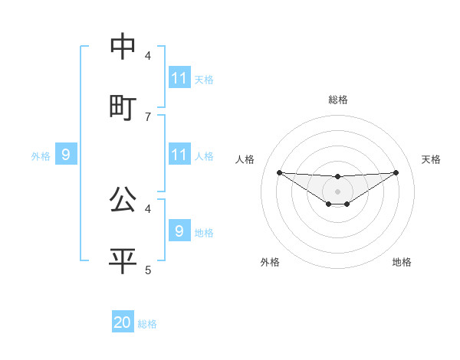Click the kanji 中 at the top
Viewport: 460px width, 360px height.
[123, 47]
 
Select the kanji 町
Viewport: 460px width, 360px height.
[123, 108]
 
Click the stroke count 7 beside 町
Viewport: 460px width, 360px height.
[148, 116]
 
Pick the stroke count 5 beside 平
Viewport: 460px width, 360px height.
[148, 270]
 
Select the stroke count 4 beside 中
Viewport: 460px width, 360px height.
[148, 55]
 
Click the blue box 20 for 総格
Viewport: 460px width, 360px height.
[123, 322]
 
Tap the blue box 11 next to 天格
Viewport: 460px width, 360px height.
[179, 78]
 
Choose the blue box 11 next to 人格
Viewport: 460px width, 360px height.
[179, 155]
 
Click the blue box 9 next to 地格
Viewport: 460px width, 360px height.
[179, 231]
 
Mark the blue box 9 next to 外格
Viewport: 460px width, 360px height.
[66, 155]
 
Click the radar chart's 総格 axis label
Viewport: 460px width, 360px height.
[338, 100]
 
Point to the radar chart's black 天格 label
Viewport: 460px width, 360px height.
[432, 159]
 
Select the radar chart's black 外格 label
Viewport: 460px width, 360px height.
[270, 262]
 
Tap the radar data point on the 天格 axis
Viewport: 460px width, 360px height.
[396, 172]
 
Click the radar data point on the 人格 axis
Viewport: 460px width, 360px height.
[279, 172]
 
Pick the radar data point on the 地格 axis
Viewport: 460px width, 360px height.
[347, 204]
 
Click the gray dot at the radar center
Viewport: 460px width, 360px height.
[338, 191]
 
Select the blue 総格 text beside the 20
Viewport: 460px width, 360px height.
[147, 324]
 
